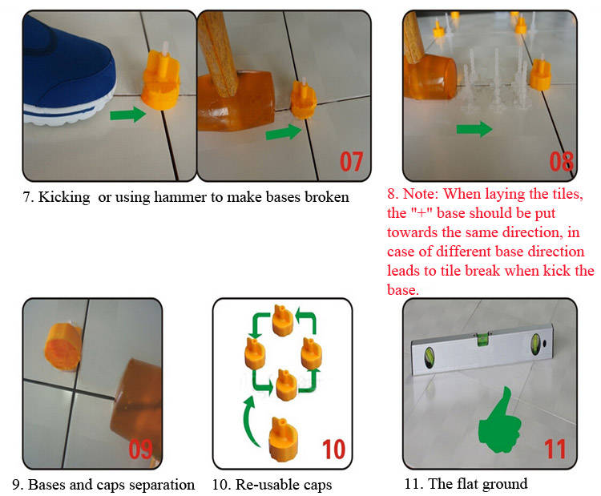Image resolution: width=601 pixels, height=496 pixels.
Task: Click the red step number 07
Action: point(351,161)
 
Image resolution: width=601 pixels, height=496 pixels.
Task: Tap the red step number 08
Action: point(561,161)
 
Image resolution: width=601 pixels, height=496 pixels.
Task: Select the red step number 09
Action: point(140,450)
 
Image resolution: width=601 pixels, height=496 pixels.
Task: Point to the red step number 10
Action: point(333,450)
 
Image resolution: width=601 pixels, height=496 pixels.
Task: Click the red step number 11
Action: point(555,450)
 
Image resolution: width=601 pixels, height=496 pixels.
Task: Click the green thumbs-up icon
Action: point(500,421)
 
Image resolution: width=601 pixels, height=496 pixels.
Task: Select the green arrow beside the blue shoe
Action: point(128,115)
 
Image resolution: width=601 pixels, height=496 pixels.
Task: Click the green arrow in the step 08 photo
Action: point(474,129)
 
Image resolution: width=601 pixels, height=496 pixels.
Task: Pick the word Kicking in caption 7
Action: point(64,197)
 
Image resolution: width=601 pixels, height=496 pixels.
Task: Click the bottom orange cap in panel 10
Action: point(283,439)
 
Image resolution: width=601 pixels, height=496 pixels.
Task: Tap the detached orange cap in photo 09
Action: point(63,347)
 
